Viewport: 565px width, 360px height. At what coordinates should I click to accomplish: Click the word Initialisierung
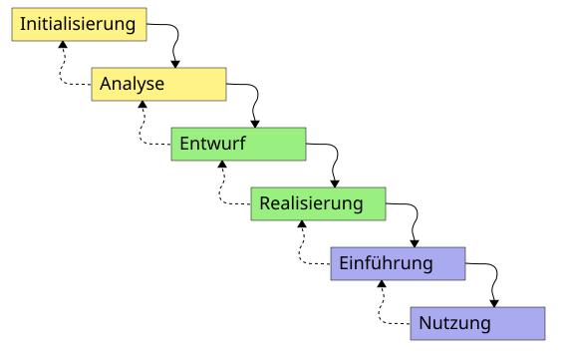pos(78,24)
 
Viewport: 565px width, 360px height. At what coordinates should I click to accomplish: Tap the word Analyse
pos(132,84)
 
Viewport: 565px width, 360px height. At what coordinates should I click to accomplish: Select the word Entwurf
pos(212,144)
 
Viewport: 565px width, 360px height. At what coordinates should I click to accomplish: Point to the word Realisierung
pos(311,203)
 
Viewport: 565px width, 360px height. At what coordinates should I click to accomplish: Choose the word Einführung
pos(386,263)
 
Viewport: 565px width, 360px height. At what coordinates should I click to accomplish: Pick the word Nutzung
pos(454,323)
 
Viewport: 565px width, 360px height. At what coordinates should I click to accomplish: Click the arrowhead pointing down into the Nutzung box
pos(494,304)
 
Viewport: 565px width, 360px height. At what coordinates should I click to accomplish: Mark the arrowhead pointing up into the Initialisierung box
pos(63,44)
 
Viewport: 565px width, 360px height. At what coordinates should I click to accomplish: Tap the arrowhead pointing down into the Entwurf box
pos(255,124)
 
